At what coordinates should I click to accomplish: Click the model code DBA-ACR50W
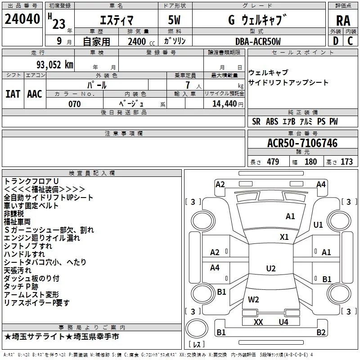click(258, 41)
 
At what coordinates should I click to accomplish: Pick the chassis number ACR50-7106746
click(302, 143)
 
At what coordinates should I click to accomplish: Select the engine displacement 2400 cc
click(138, 41)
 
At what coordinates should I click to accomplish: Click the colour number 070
click(75, 104)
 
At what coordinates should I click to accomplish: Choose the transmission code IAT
click(13, 94)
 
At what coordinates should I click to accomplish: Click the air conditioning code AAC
click(35, 94)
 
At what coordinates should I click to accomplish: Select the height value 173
click(346, 162)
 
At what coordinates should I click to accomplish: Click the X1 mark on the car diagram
click(284, 237)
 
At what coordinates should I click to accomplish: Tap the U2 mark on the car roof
click(270, 269)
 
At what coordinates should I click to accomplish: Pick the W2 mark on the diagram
click(253, 299)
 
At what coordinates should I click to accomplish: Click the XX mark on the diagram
click(258, 322)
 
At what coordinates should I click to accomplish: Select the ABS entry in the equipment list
click(272, 121)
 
